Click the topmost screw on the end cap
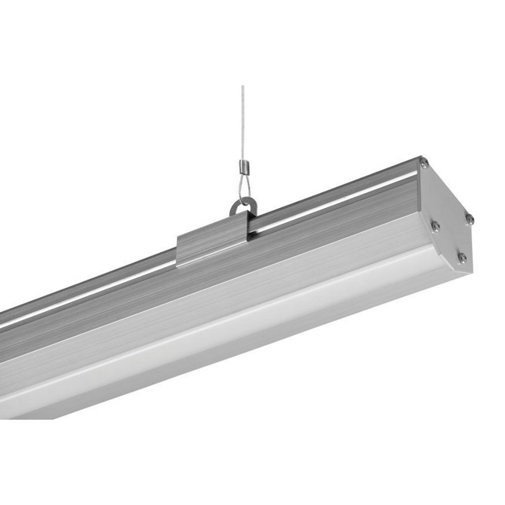pos(423,163)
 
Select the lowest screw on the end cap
pos(462,257)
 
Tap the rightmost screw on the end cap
pos(469,218)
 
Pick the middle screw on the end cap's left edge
pos(435,224)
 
